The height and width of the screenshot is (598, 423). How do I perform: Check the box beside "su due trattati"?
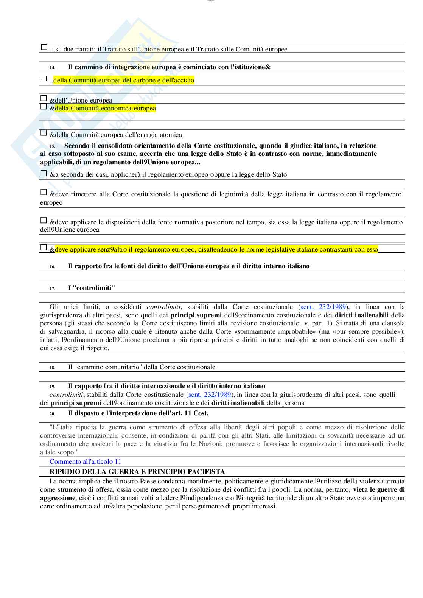point(44,48)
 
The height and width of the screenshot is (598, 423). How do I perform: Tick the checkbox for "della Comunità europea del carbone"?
point(44,79)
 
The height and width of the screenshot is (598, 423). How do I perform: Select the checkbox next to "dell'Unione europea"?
point(44,98)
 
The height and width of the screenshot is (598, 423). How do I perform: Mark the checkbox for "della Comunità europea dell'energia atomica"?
point(44,133)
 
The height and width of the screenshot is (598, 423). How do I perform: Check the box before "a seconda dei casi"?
point(44,174)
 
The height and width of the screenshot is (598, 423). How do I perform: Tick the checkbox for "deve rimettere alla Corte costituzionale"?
point(44,193)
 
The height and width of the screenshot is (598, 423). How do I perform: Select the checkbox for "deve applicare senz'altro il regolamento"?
point(44,248)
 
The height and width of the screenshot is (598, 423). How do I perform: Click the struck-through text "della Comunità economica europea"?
point(105,109)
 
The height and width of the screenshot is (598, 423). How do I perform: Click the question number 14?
point(52,68)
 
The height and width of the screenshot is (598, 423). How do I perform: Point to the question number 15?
point(52,146)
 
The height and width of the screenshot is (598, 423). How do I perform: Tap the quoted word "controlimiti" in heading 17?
point(91,288)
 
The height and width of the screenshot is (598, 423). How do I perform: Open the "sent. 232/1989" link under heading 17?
point(323,307)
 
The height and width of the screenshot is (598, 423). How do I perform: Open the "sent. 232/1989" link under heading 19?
point(210,395)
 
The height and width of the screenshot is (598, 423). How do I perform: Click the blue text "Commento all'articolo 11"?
point(85,461)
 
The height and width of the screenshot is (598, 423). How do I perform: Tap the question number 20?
point(52,414)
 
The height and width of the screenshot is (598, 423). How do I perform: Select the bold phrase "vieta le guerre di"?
point(379,490)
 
